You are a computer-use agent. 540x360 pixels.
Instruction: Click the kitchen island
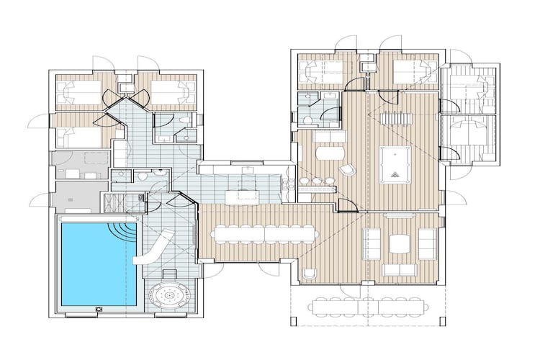coord(242,194)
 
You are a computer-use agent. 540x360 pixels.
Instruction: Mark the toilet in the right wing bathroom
coord(307,120)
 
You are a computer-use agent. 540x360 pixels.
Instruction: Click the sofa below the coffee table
coord(399,270)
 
